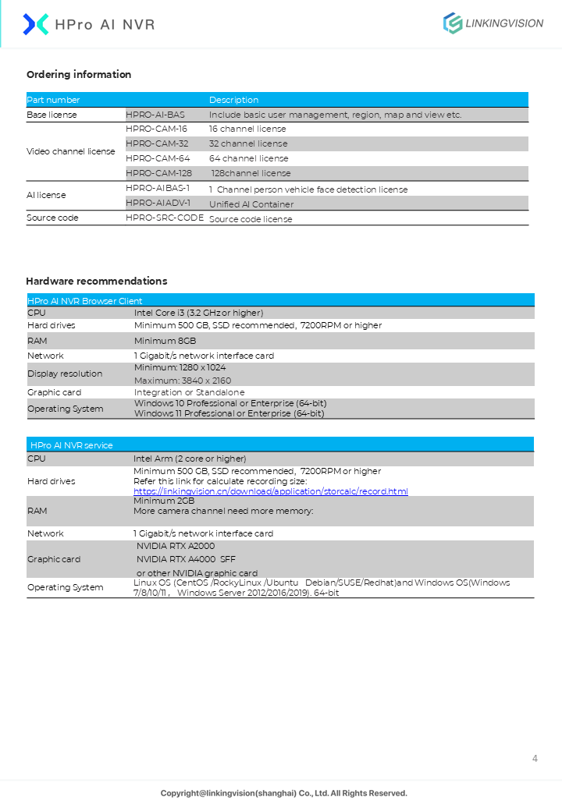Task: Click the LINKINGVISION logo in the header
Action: (x=493, y=23)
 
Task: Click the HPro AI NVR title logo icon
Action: (x=35, y=24)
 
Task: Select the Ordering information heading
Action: (x=79, y=75)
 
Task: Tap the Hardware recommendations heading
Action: (x=96, y=282)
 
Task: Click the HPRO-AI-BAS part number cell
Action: (x=155, y=115)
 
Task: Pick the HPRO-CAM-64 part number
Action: (x=158, y=158)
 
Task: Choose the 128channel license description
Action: (x=251, y=173)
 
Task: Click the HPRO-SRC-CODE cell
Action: (x=165, y=218)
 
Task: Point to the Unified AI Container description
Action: (x=251, y=204)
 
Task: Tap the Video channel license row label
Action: (x=71, y=151)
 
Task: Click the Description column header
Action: (x=233, y=100)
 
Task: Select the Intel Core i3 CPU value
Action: (x=198, y=313)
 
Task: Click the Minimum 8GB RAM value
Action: (x=165, y=341)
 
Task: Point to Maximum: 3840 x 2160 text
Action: (x=183, y=381)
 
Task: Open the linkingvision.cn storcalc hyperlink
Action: (x=270, y=491)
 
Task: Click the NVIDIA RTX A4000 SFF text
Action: (x=186, y=559)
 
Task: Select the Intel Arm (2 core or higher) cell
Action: (x=190, y=459)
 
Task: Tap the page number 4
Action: (x=535, y=759)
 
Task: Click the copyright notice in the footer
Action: (x=283, y=793)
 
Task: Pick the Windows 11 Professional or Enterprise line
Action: (x=229, y=413)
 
